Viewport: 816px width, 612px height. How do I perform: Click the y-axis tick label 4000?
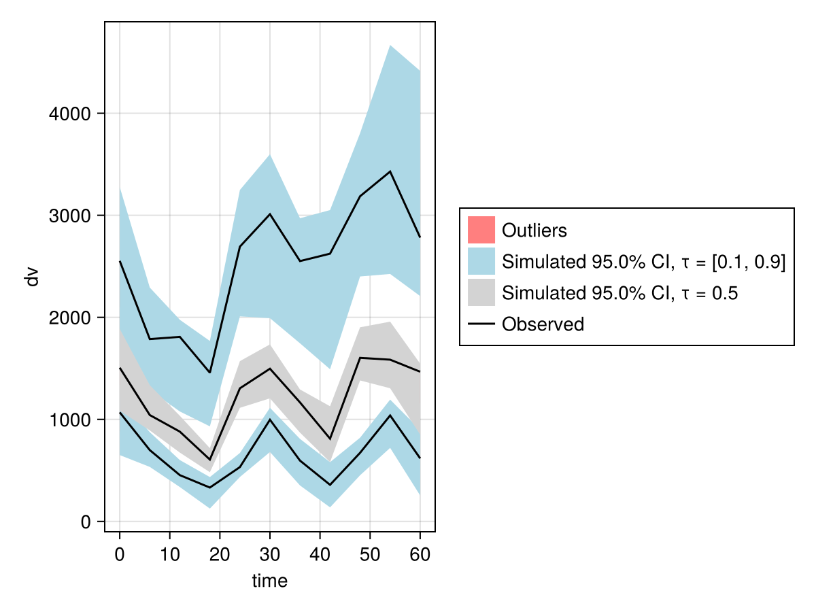click(71, 114)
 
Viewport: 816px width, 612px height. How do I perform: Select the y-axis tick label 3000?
click(71, 216)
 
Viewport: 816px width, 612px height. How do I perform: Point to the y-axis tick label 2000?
click(71, 318)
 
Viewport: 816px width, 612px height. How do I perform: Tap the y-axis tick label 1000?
click(71, 420)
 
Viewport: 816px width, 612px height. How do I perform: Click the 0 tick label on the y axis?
click(86, 522)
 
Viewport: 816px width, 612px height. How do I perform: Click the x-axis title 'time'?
click(270, 581)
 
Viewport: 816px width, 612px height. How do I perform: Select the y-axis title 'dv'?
click(32, 277)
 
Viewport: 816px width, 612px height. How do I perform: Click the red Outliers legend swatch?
click(481, 230)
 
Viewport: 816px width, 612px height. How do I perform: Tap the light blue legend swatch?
click(481, 262)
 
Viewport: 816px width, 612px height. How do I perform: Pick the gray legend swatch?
click(481, 293)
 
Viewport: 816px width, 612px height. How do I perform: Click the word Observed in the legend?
click(543, 324)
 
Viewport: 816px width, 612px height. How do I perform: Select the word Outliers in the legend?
click(534, 231)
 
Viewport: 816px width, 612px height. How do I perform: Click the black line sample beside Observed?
click(481, 324)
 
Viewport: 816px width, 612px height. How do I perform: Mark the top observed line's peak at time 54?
click(390, 171)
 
